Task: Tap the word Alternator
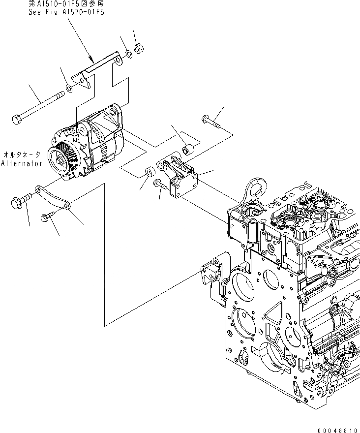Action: (22, 163)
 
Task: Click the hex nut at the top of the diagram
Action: (139, 49)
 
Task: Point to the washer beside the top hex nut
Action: (127, 53)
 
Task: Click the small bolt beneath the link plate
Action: (49, 215)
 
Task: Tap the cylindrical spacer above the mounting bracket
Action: (187, 147)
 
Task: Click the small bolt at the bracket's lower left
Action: (159, 184)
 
